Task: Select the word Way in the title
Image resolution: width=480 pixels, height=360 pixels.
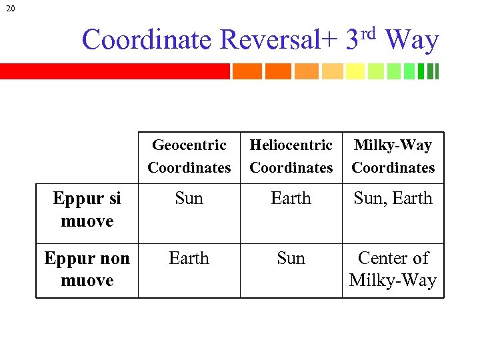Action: click(412, 40)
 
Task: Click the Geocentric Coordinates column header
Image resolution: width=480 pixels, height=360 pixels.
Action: click(189, 156)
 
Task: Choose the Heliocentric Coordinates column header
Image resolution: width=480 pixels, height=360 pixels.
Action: click(291, 156)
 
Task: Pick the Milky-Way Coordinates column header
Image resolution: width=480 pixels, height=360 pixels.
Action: click(393, 156)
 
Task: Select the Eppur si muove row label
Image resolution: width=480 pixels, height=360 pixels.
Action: click(87, 209)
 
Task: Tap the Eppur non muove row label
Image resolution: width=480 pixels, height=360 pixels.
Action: click(87, 269)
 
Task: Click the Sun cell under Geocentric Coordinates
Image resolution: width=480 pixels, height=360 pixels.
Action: click(189, 199)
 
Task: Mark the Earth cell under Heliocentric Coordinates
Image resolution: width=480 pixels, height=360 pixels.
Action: click(291, 199)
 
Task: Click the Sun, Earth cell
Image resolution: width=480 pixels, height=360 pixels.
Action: click(393, 199)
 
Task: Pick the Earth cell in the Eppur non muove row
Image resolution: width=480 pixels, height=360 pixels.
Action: click(189, 258)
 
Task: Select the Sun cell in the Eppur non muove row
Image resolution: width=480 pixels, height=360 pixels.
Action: click(291, 258)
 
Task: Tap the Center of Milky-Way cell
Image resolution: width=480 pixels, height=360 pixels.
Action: click(393, 269)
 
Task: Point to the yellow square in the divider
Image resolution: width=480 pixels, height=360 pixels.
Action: click(355, 71)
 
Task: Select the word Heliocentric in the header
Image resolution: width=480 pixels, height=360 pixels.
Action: click(291, 145)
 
